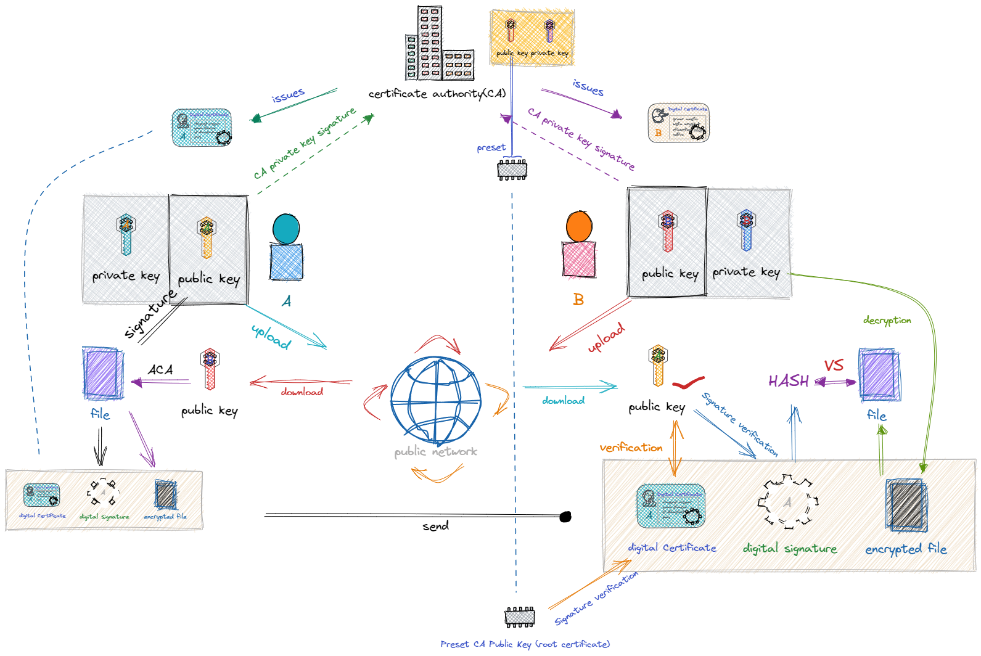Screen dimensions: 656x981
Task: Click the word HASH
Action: (x=789, y=381)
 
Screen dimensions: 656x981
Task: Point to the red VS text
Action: (x=834, y=365)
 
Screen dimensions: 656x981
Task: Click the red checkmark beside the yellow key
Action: (x=688, y=383)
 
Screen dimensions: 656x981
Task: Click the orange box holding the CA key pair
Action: (x=532, y=37)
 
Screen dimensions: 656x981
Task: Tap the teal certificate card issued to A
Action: (x=201, y=128)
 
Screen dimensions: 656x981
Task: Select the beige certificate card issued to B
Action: (x=679, y=122)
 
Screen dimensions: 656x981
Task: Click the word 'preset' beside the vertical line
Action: (x=491, y=148)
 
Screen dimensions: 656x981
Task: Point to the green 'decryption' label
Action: (x=887, y=320)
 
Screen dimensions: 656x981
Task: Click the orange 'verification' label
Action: (x=631, y=448)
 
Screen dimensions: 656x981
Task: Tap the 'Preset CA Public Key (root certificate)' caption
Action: (x=525, y=644)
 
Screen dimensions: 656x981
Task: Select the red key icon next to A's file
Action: (x=210, y=369)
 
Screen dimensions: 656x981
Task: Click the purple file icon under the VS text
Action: (x=879, y=375)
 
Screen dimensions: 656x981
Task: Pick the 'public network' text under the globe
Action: (x=436, y=452)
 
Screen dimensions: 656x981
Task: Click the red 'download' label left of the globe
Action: (x=302, y=392)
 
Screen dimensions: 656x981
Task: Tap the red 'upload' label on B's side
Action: (x=607, y=338)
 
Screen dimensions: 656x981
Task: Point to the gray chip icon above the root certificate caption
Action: (x=520, y=617)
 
